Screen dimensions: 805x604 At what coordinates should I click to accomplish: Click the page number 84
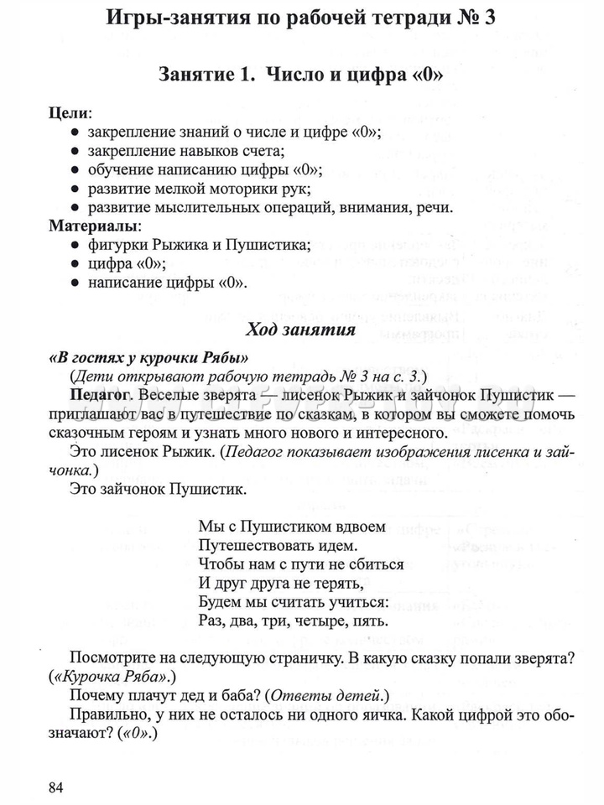pyautogui.click(x=56, y=787)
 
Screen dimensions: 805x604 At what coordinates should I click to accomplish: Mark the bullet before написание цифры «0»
pyautogui.click(x=75, y=283)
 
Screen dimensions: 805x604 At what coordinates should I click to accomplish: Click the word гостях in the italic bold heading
pyautogui.click(x=91, y=356)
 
